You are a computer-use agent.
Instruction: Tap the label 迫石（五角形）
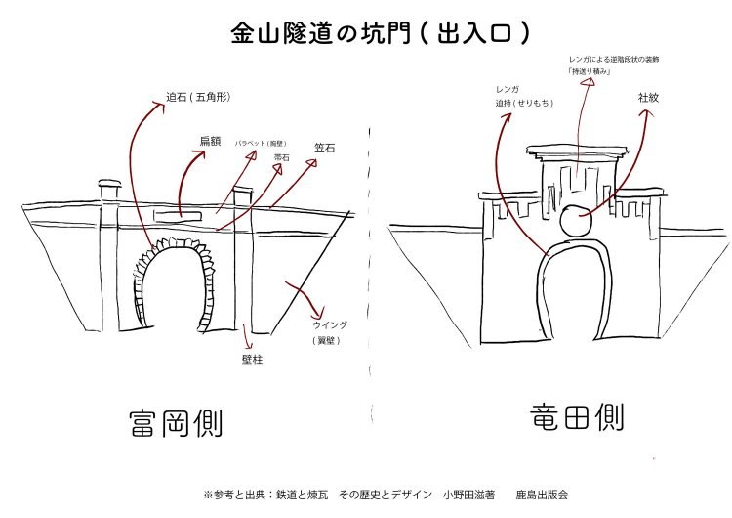201,97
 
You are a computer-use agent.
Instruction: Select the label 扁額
211,141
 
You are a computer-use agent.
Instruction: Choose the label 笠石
326,148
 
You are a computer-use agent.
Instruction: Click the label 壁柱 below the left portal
252,359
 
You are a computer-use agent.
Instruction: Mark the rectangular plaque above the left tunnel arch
179,212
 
